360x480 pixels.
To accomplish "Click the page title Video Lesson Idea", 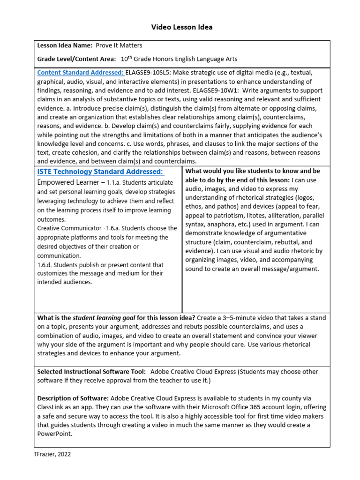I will click(x=181, y=27).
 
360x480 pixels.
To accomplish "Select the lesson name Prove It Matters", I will click(x=119, y=45).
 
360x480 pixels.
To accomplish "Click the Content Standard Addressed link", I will click(x=81, y=72).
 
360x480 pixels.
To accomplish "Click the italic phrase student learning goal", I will click(x=104, y=318).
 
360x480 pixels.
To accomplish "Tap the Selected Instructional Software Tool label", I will click(x=92, y=372).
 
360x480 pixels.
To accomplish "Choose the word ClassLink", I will click(x=52, y=407).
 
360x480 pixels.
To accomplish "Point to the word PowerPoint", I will click(x=54, y=434).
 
